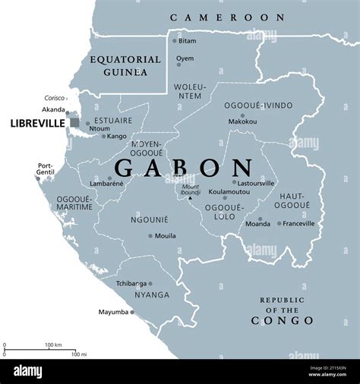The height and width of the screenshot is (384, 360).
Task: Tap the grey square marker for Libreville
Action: click(x=74, y=122)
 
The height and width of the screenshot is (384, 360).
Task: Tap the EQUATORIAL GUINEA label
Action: click(x=125, y=65)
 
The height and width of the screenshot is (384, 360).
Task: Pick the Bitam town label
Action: click(x=187, y=40)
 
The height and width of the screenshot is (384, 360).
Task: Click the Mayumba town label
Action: click(x=114, y=312)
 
